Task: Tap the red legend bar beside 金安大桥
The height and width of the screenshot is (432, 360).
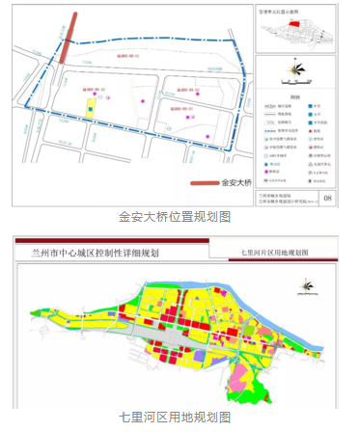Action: click(204, 181)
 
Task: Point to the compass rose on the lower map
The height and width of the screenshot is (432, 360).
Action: click(308, 284)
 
